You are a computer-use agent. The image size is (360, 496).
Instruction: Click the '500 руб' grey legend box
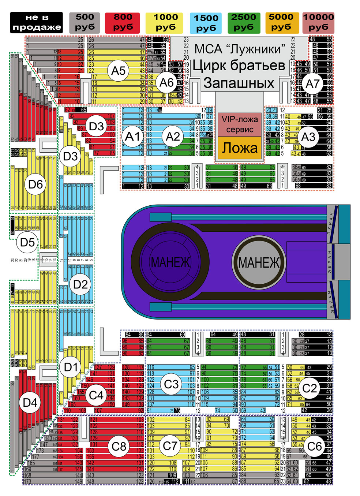(85, 23)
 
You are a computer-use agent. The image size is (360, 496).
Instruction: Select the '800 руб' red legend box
(123, 23)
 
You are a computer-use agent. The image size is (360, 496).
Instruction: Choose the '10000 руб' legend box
(318, 23)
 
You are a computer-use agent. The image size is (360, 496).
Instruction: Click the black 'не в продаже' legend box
(37, 23)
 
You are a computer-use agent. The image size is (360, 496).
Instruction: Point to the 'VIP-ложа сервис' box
(240, 124)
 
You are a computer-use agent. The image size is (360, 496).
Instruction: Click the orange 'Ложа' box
(240, 148)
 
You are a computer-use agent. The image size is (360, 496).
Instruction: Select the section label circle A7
(312, 84)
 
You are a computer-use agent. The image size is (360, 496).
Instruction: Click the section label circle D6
(35, 184)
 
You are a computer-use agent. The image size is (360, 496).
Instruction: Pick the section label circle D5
(27, 242)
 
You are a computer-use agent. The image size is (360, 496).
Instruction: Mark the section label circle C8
(119, 446)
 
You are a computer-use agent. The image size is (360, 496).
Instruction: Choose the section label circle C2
(310, 388)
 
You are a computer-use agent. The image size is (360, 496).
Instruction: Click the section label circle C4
(96, 395)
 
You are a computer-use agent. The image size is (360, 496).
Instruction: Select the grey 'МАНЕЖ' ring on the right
(259, 262)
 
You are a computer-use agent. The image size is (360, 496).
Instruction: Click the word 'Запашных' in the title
(239, 83)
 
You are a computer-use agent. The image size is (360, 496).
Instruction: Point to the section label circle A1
(132, 137)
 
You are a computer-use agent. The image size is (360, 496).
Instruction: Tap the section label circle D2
(80, 284)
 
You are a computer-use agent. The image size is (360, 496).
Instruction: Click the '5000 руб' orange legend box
(281, 23)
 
